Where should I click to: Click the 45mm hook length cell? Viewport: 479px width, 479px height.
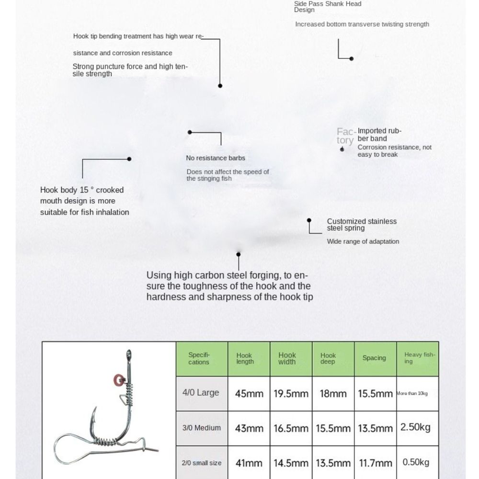(249, 394)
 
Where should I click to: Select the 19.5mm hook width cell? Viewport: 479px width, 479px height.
(291, 394)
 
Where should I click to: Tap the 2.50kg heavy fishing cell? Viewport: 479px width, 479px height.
(417, 427)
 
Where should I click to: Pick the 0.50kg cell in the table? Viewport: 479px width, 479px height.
(417, 462)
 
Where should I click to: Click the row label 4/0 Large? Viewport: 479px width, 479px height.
(201, 393)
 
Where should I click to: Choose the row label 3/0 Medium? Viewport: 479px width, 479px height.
(201, 428)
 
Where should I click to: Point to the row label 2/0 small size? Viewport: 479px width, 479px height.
(201, 463)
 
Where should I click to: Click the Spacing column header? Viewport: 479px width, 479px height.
(374, 358)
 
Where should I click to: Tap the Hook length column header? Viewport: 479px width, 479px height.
(245, 358)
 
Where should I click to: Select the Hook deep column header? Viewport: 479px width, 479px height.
(328, 358)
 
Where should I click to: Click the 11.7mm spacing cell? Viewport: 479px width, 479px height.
(375, 463)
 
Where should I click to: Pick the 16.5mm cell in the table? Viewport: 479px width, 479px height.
(291, 428)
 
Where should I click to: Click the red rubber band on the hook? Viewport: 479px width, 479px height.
(118, 381)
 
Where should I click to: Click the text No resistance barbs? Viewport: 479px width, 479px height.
(215, 158)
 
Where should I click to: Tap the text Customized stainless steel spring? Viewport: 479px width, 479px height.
(362, 225)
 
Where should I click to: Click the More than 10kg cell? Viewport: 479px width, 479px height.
(412, 394)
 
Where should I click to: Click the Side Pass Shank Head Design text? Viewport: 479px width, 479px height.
(328, 6)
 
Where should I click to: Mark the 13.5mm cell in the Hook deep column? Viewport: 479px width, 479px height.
(333, 463)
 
